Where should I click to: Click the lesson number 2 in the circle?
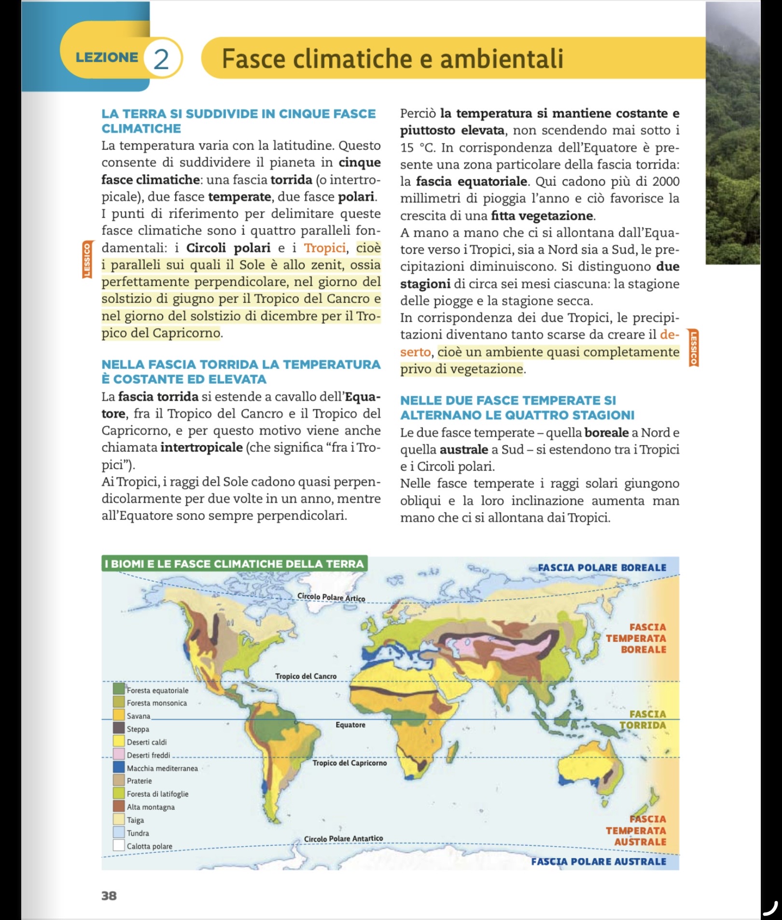(x=161, y=58)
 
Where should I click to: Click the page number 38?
(x=109, y=895)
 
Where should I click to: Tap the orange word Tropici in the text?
(x=325, y=248)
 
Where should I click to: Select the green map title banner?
(x=235, y=564)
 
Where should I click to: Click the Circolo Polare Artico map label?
(x=331, y=597)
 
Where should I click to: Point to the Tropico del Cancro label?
(x=306, y=676)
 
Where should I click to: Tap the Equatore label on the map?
(x=350, y=725)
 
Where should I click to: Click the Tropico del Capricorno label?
(x=349, y=763)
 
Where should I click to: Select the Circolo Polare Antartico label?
(x=343, y=839)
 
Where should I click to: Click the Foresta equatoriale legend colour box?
(x=119, y=689)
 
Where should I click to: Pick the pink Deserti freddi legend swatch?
(x=119, y=754)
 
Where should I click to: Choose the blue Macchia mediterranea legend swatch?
(x=119, y=767)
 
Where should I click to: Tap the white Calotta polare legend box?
(x=119, y=846)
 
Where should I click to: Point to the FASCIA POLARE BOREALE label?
(x=602, y=567)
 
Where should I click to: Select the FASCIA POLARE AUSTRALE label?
(x=599, y=862)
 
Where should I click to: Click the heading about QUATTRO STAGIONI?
(x=517, y=407)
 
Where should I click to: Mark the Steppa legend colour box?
(x=119, y=728)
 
